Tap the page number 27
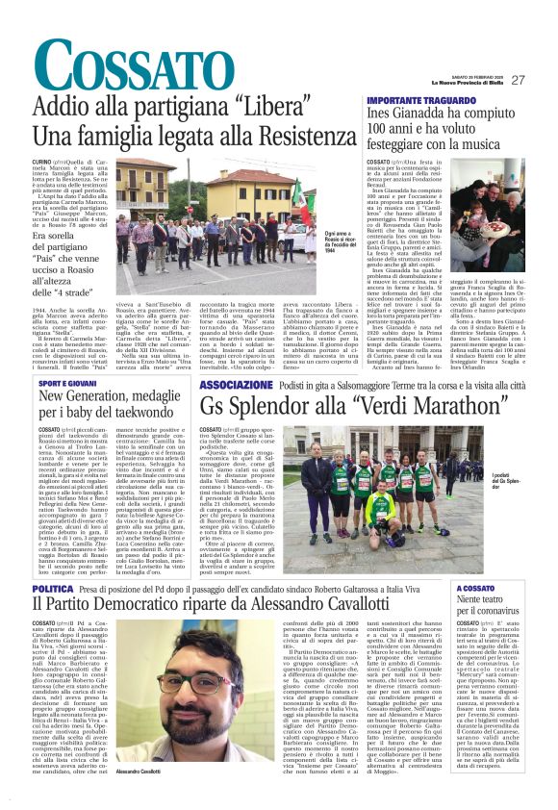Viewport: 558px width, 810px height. click(518, 80)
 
